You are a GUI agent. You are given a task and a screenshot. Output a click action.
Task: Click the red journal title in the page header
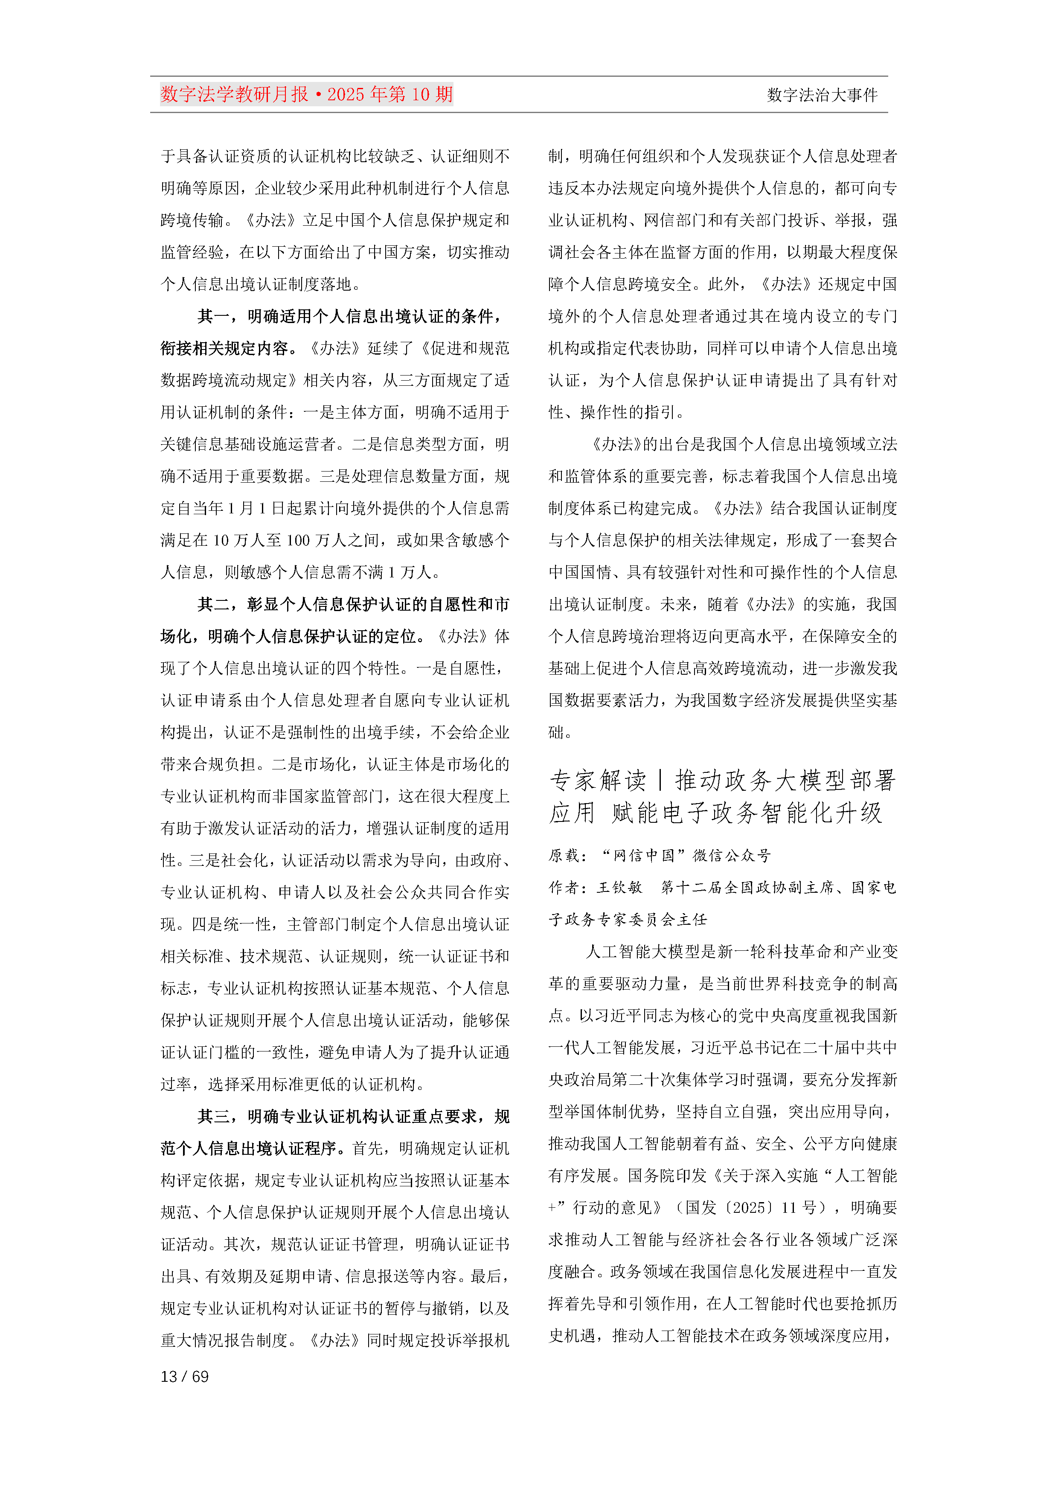click(306, 95)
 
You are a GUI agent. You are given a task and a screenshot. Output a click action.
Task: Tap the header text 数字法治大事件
click(822, 95)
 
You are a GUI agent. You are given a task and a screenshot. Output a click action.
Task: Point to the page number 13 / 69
click(184, 1376)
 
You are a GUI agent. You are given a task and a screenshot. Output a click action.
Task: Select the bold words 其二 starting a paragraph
click(214, 604)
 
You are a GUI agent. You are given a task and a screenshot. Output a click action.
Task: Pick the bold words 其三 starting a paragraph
click(214, 1117)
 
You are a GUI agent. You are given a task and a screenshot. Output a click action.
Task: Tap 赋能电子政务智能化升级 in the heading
click(747, 813)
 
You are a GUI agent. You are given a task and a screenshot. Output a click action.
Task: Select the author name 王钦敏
click(620, 887)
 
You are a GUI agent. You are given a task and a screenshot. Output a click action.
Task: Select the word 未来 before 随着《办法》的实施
click(676, 604)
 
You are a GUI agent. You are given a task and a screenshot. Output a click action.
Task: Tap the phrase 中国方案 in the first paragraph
click(399, 252)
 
